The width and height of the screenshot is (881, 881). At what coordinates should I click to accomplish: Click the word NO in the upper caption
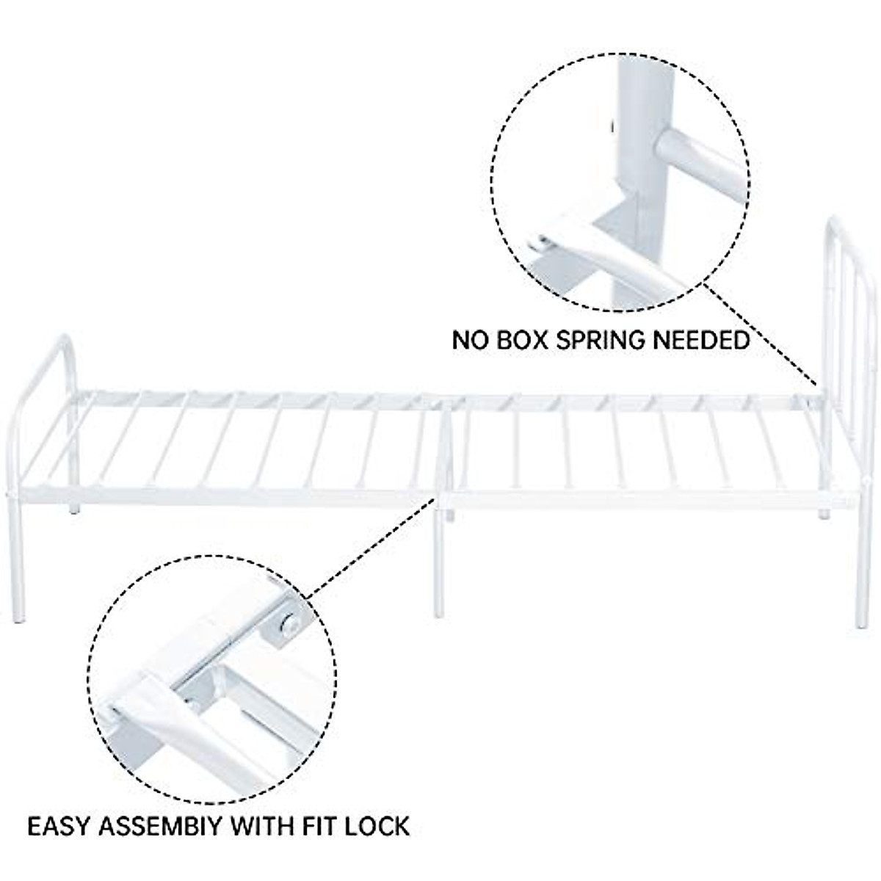coord(466,340)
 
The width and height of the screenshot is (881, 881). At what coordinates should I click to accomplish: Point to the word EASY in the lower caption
coord(58,825)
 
